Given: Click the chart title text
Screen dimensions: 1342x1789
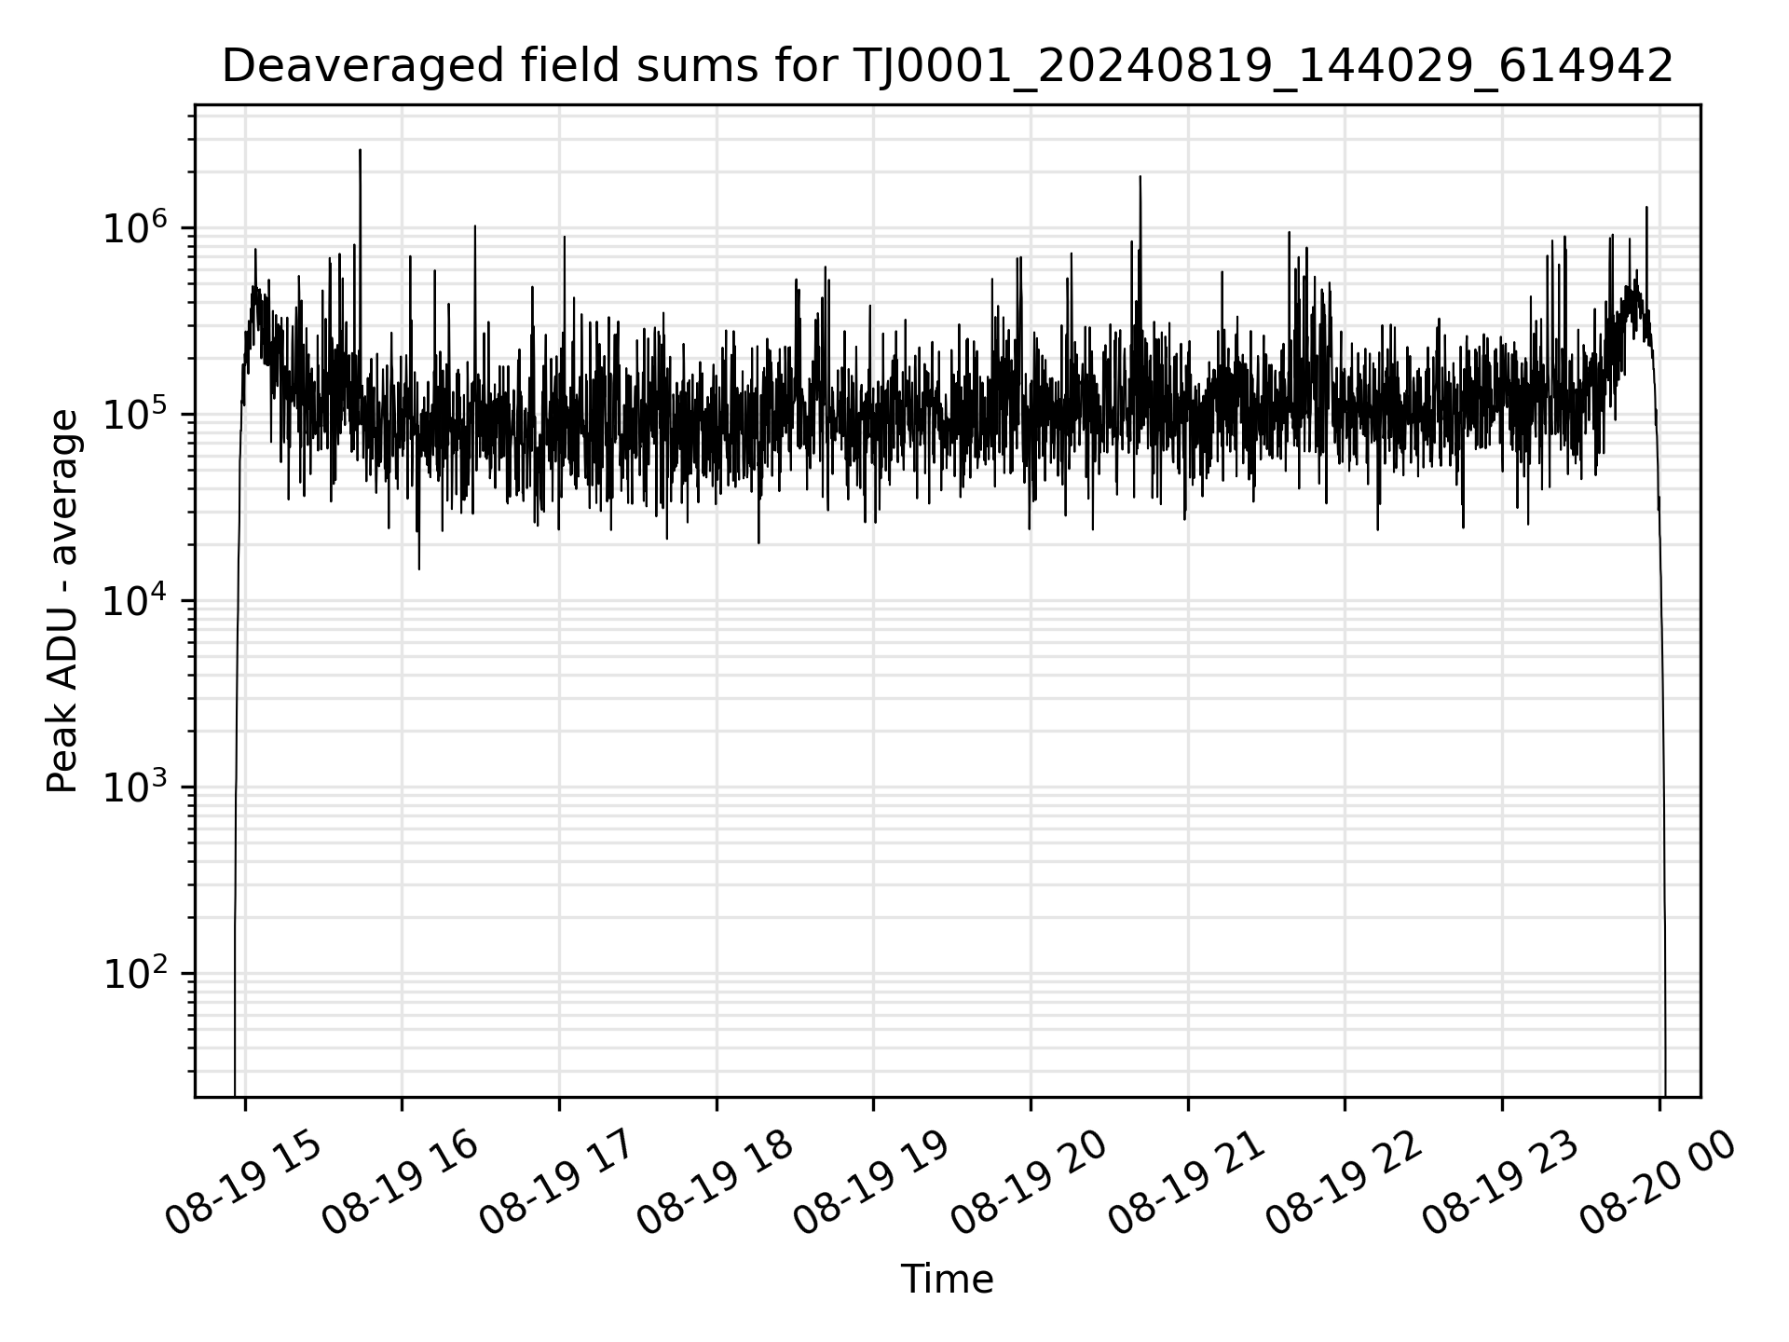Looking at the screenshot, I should pos(947,67).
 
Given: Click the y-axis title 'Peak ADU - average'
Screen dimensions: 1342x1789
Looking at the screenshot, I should pos(63,603).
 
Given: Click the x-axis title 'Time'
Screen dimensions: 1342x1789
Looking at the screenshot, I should pos(947,1280).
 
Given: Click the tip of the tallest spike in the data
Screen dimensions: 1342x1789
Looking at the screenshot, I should pos(360,150).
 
